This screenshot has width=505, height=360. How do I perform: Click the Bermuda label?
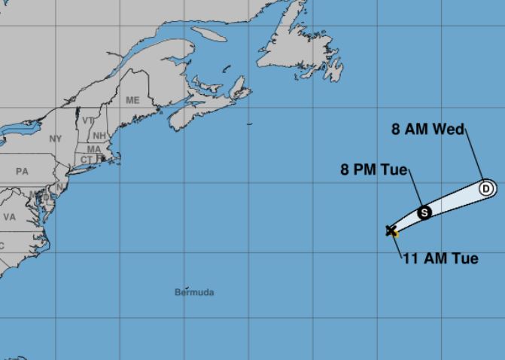point(194,291)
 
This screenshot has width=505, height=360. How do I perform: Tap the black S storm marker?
point(424,212)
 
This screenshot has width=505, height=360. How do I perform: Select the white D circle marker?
point(485,188)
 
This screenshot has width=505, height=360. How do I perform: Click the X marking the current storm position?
point(391,230)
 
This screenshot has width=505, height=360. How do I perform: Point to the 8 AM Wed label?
point(427,129)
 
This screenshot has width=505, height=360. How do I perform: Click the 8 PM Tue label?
point(373,170)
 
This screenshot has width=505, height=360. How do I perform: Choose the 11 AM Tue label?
point(440,258)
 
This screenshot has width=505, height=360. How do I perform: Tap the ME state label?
point(132,100)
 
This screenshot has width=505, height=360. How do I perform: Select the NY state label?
point(56,139)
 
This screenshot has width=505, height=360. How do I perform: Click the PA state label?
point(22,172)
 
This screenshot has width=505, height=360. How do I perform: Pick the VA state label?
point(9,216)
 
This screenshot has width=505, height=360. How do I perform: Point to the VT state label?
point(88,121)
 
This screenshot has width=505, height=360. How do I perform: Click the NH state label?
point(99,136)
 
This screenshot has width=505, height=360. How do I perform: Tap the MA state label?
point(94,149)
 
